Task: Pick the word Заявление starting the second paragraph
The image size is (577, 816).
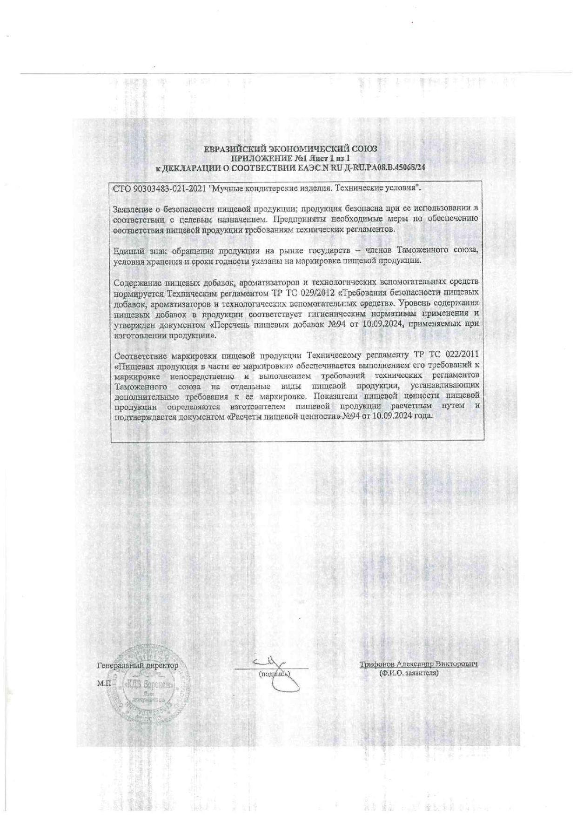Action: tap(131, 209)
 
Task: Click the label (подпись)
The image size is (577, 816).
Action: tap(274, 673)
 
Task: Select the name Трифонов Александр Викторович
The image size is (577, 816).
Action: tap(418, 664)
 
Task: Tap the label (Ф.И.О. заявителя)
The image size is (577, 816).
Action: tap(409, 673)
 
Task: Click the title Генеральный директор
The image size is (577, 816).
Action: tap(137, 666)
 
